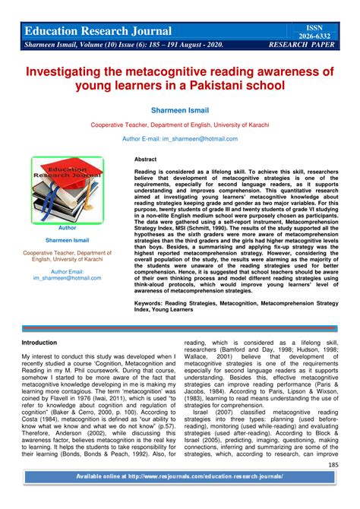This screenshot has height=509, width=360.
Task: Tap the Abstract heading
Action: click(x=145, y=160)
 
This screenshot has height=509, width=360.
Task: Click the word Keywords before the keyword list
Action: click(x=151, y=302)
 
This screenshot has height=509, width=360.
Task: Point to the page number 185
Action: click(x=332, y=466)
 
